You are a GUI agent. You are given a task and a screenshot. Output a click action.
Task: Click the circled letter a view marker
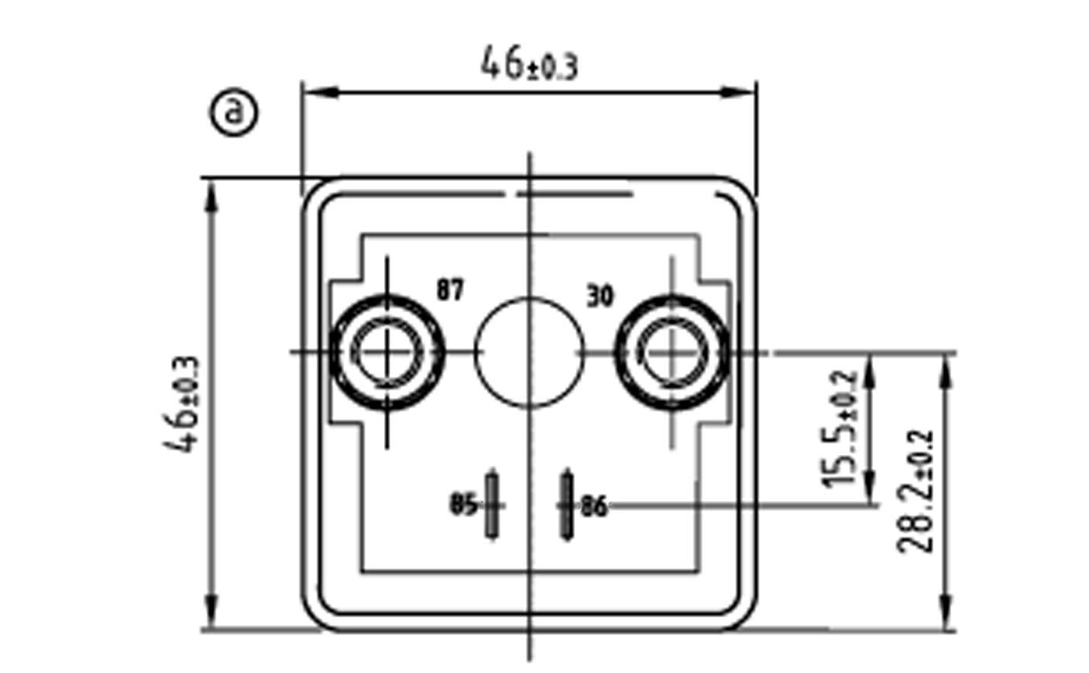[x=234, y=112]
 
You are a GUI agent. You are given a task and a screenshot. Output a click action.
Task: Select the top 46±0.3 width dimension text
[x=529, y=63]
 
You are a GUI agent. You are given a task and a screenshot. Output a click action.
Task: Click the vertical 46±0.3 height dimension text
[x=181, y=405]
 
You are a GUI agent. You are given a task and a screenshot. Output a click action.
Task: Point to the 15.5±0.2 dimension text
[x=838, y=429]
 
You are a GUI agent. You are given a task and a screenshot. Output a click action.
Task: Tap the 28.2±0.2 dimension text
[x=915, y=491]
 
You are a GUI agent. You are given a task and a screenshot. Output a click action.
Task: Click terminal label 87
[x=450, y=289]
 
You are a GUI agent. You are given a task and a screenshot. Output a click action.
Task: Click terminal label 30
[x=600, y=296]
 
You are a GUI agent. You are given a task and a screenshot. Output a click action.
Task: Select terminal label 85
[x=464, y=504]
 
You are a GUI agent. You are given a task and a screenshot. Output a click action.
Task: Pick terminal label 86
[x=594, y=507]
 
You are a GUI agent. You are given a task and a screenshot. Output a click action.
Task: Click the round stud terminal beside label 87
[x=387, y=352]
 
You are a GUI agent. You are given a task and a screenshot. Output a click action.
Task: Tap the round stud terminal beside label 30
[x=673, y=352]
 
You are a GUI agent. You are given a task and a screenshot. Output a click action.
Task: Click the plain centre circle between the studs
[x=529, y=352]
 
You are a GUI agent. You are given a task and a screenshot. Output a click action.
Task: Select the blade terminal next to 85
[x=492, y=506]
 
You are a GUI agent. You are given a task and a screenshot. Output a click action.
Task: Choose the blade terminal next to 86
[x=567, y=506]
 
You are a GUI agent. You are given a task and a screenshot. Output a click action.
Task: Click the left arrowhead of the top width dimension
[x=321, y=92]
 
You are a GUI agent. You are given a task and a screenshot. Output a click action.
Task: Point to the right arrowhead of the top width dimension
[x=738, y=92]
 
